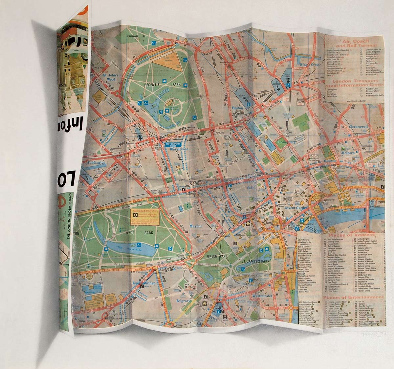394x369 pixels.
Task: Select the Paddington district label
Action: click(x=94, y=162)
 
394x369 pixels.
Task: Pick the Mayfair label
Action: click(x=197, y=226)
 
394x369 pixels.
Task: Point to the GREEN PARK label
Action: click(x=215, y=256)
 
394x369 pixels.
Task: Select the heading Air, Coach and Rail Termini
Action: click(x=354, y=44)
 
